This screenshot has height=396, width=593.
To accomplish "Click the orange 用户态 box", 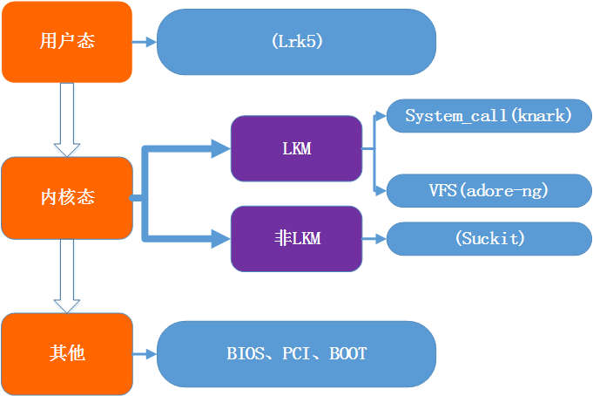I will pos(67,42).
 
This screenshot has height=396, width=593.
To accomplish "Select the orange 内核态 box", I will pos(67,198).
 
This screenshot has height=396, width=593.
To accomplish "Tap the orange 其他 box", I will pos(67,353).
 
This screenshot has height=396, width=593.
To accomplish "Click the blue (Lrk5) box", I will pos(296,42).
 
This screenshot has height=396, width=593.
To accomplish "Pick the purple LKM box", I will pos(296,149).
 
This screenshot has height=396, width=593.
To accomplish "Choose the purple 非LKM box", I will pos(296,238).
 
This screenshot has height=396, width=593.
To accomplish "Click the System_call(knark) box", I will pos(488,116).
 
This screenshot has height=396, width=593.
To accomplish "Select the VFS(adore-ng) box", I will pos(488,190).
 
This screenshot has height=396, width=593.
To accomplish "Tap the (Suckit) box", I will pos(489,238).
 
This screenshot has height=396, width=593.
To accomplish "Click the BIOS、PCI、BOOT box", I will pos(296,353).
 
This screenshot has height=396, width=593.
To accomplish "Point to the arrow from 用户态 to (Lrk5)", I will pos(144,42).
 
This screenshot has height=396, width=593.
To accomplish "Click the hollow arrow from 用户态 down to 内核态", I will pos(67,119).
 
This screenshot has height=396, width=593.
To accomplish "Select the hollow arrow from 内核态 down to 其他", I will pos(67,276).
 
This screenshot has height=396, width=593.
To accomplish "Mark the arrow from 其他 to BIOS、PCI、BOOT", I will pos(144,353).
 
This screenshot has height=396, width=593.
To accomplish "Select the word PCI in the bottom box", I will pos(296,353).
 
